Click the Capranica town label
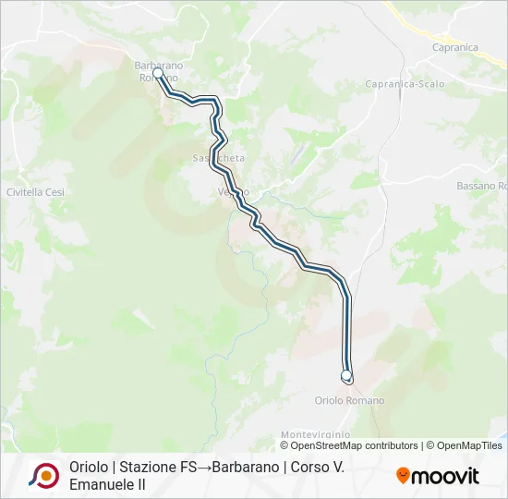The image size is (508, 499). click(454, 46)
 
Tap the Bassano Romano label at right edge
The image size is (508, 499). click(481, 186)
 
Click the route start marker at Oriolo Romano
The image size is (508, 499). click(347, 375)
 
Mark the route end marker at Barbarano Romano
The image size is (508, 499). click(158, 73)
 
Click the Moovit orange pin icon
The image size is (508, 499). click(403, 475)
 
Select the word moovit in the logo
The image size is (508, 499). click(446, 476)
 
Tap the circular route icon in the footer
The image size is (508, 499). click(43, 475)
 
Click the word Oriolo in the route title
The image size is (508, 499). click(88, 467)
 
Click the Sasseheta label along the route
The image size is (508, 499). click(219, 158)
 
